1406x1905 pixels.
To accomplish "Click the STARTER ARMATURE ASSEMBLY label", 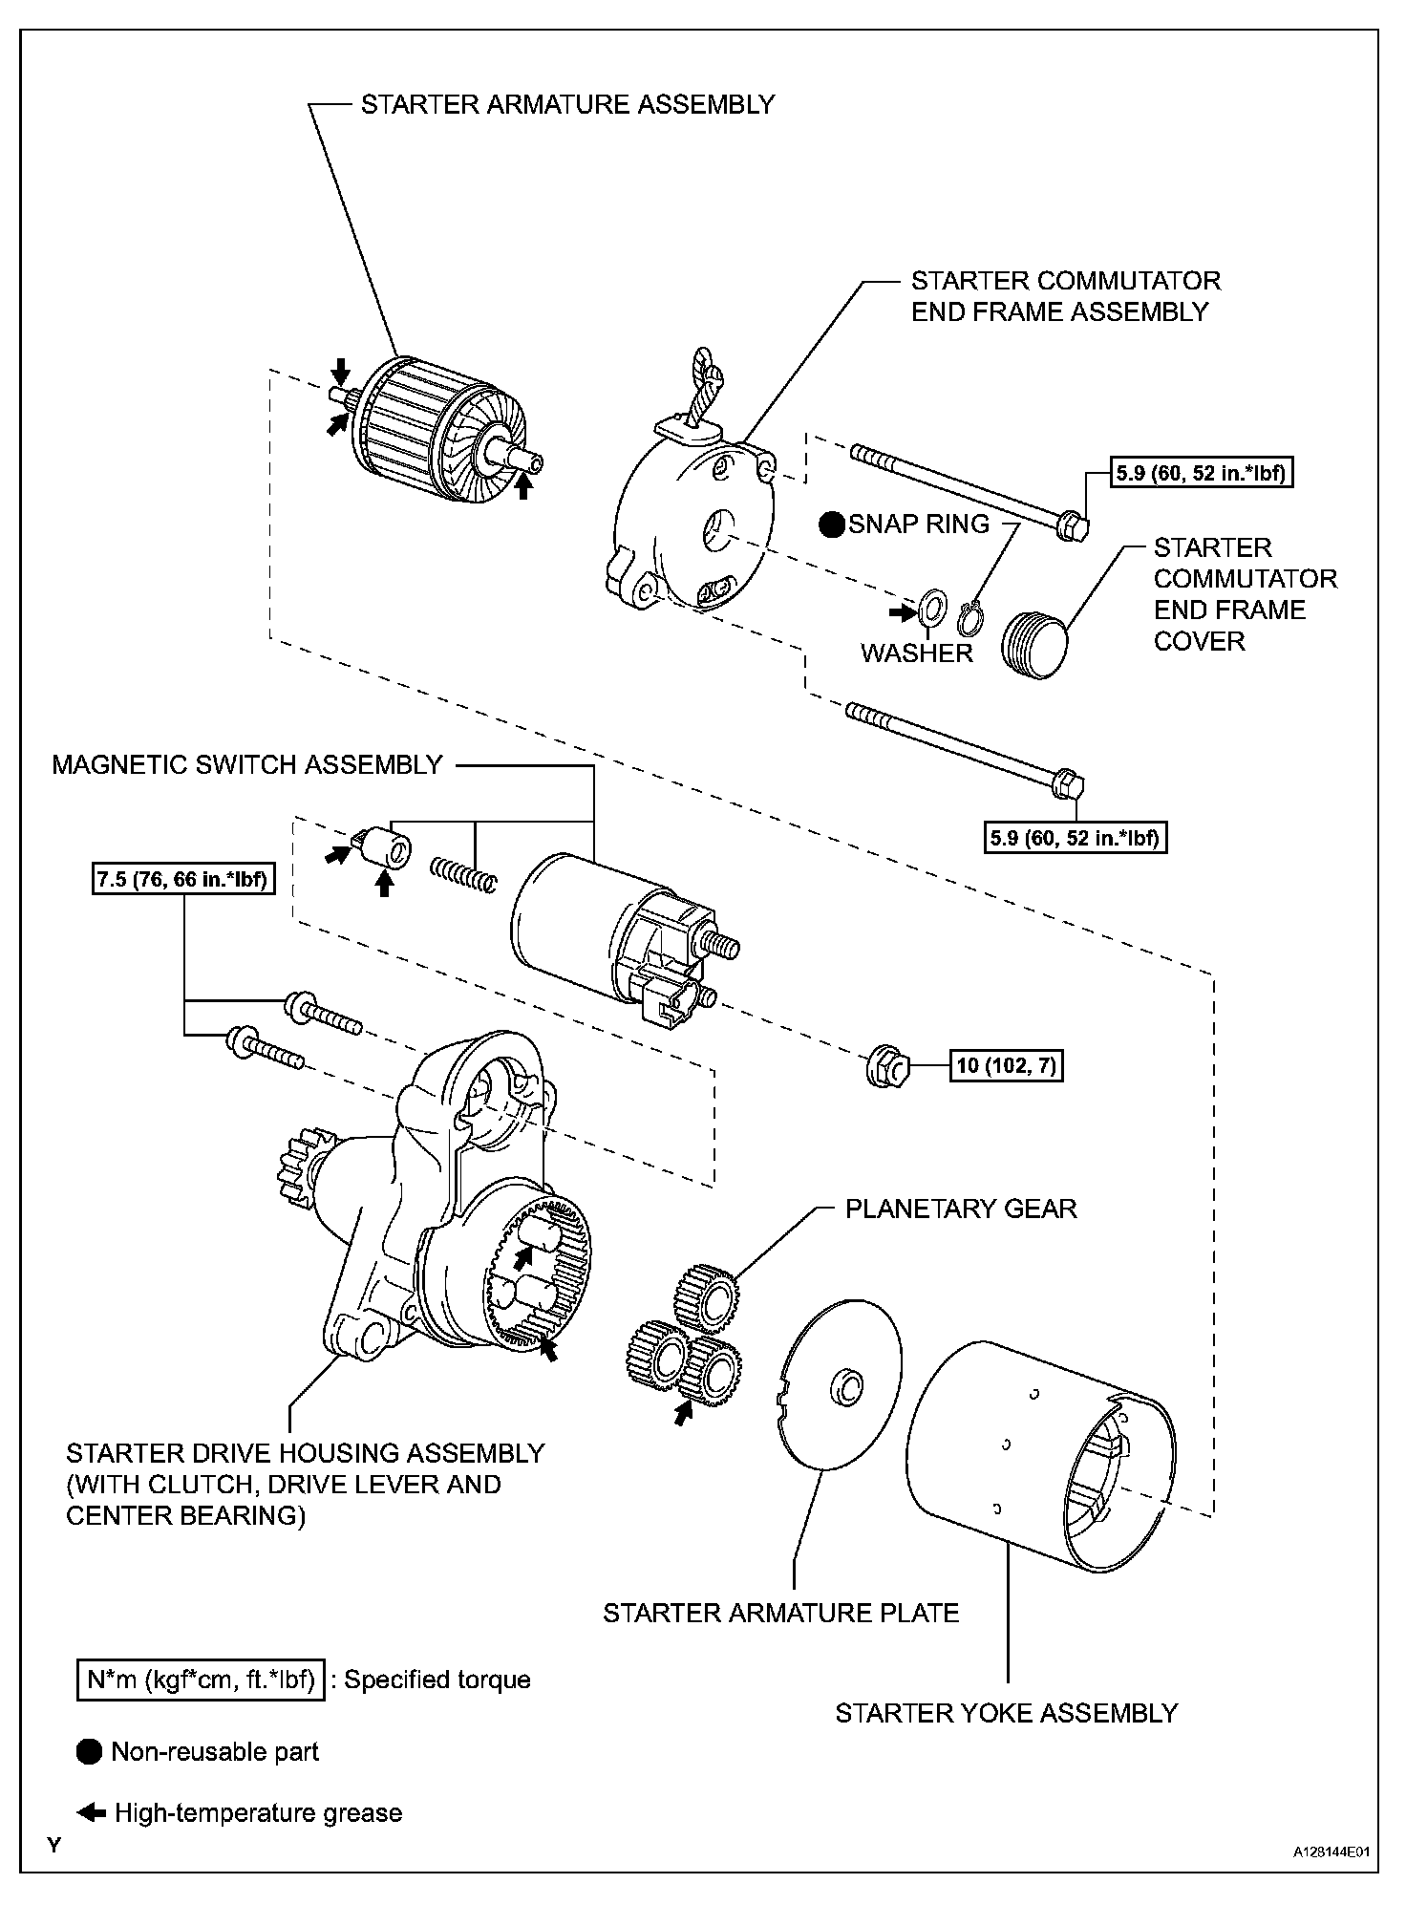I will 567,104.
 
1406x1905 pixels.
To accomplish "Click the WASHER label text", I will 916,653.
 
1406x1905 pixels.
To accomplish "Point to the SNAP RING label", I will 919,524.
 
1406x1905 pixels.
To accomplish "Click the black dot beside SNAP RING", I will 833,524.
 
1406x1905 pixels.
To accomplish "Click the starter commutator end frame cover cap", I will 1035,644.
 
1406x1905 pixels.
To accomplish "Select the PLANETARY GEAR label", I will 961,1209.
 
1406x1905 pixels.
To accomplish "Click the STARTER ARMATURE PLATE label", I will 780,1614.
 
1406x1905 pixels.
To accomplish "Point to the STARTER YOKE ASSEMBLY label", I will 1007,1713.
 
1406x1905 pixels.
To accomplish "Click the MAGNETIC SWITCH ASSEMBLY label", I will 247,764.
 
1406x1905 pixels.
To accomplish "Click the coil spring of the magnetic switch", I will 463,873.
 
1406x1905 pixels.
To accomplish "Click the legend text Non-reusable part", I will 215,1751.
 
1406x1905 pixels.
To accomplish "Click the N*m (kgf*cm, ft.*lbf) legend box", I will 201,1680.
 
